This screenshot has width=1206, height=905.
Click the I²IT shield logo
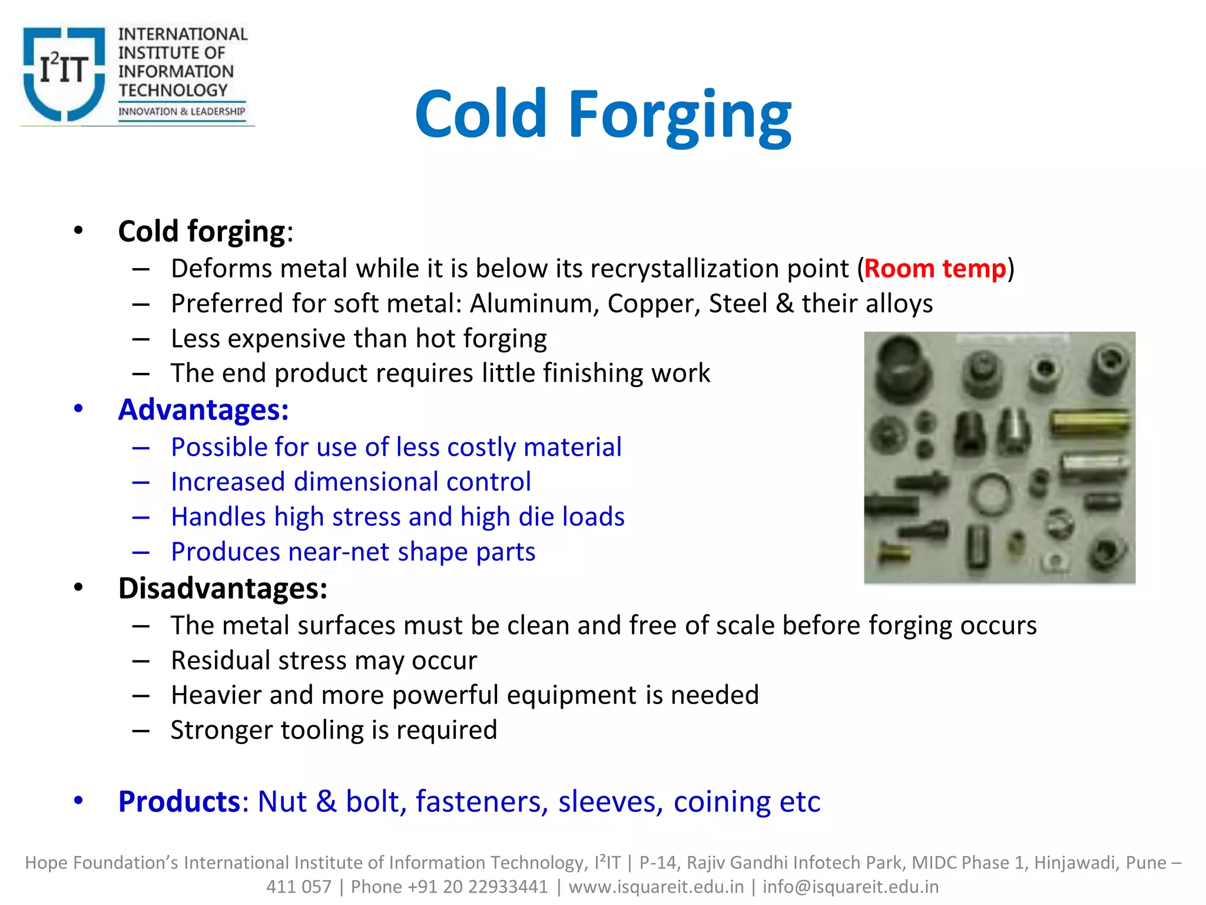(x=64, y=73)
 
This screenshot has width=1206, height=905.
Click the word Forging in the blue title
(x=680, y=114)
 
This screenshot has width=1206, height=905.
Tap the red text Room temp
(x=935, y=269)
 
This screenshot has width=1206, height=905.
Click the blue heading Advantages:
(x=203, y=409)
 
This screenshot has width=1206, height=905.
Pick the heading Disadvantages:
(x=223, y=588)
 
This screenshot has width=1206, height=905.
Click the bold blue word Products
(x=179, y=801)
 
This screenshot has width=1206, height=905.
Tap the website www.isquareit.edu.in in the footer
(x=656, y=887)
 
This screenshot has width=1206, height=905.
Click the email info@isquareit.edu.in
(x=850, y=887)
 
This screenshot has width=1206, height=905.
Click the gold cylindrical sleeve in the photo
(x=1090, y=422)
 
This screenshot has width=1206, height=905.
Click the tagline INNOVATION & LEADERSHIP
(x=181, y=111)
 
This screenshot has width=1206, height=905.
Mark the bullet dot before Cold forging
(x=78, y=231)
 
